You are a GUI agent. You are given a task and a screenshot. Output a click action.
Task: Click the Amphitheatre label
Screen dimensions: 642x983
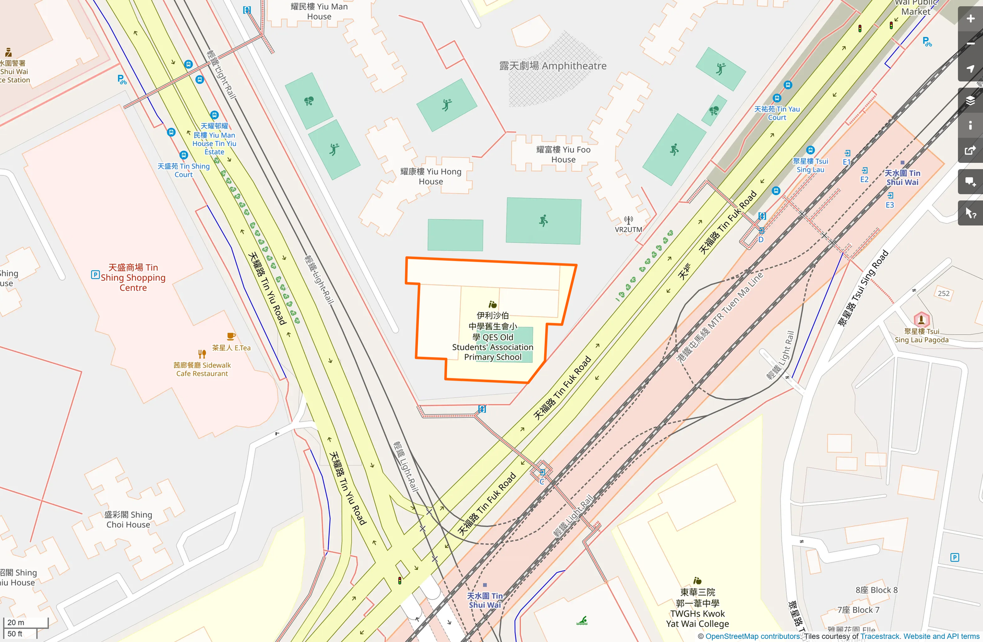coord(553,66)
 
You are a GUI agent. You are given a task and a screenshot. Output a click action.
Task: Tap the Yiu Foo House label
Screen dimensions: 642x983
coord(563,154)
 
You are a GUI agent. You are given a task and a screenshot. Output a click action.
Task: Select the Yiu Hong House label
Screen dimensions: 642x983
coord(430,176)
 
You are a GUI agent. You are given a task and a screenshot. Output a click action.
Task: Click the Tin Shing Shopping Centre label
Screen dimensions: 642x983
coord(133,278)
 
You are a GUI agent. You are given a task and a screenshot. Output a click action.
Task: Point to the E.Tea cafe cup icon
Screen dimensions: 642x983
coord(231,337)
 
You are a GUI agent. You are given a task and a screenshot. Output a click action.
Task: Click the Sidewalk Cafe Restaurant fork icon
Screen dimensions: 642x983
coord(202,354)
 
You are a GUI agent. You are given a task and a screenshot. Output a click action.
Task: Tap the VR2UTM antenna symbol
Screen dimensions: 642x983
coord(629,221)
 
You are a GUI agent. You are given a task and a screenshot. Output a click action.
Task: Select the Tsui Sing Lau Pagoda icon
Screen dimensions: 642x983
coord(921,319)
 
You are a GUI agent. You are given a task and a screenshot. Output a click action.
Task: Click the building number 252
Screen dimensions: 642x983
coord(943,293)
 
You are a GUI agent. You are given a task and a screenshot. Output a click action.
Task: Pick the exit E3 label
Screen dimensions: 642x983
coord(890,205)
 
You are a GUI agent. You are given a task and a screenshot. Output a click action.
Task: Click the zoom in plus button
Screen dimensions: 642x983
coord(970,19)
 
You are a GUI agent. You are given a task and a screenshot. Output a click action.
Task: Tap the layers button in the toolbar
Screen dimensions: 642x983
coord(970,100)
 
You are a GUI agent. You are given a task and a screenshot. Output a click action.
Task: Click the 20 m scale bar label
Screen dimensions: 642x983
coord(16,622)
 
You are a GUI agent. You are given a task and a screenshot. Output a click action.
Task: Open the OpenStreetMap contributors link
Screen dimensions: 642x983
coord(753,636)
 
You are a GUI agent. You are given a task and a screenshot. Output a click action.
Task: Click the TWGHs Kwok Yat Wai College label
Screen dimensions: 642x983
coord(697,608)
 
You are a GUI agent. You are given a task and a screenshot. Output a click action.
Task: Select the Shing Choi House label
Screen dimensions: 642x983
coord(128,520)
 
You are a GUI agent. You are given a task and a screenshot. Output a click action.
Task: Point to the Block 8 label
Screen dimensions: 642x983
coord(877,590)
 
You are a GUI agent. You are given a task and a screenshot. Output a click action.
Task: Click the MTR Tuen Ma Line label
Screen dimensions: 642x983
coord(720,317)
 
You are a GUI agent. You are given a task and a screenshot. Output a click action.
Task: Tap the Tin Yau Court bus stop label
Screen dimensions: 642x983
coord(777,113)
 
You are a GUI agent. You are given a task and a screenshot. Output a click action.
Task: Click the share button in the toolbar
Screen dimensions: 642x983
coord(970,151)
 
